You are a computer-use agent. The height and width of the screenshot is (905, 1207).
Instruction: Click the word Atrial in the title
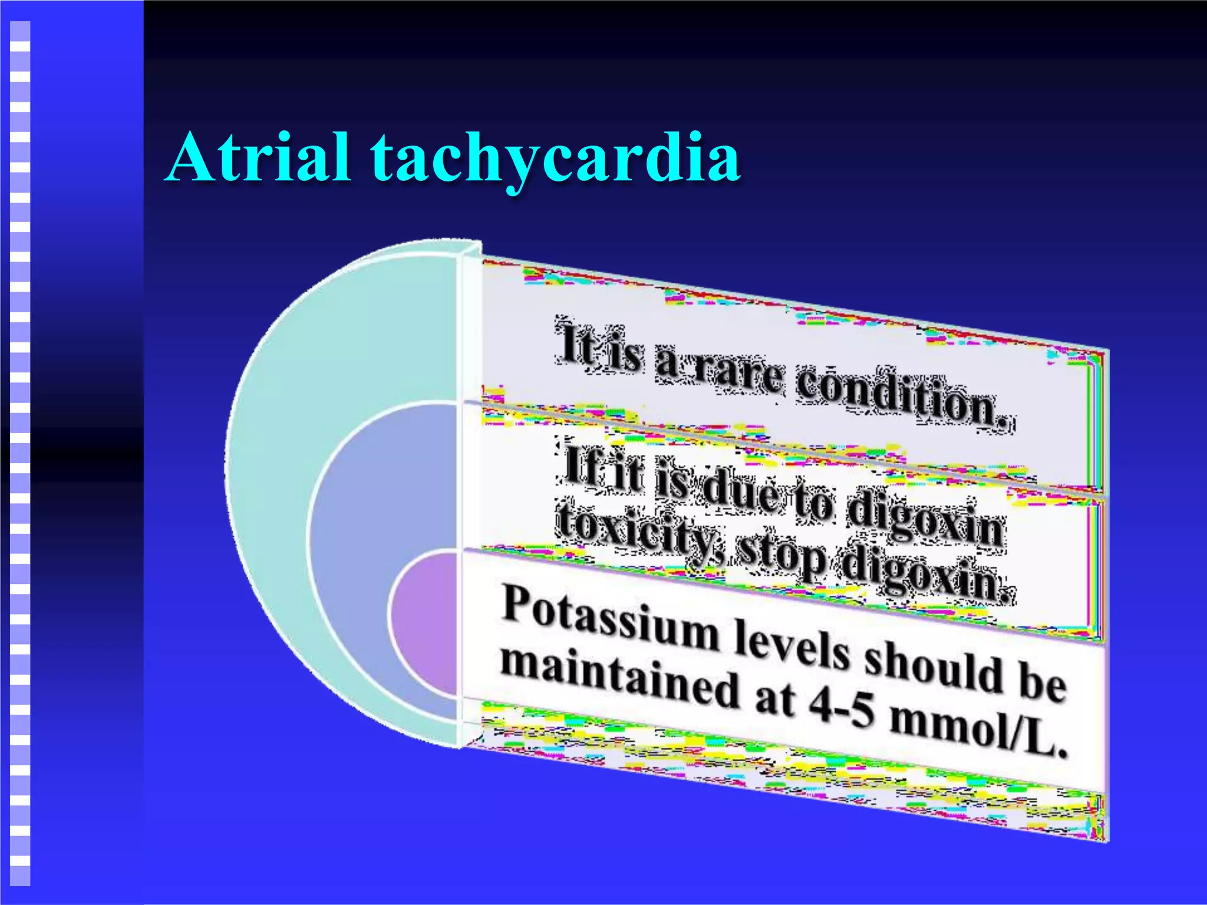(x=259, y=158)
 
